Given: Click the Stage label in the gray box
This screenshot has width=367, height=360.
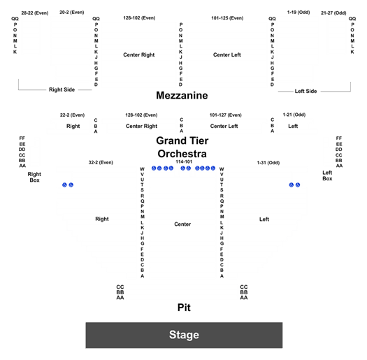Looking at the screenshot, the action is pos(184,335).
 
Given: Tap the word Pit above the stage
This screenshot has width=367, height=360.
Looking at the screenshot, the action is pos(184,308).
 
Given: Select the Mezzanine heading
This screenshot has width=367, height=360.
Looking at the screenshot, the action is pos(182,96).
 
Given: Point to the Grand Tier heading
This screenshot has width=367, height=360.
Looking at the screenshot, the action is pos(182,141).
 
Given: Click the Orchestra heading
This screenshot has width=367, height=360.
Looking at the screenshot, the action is pos(182,154).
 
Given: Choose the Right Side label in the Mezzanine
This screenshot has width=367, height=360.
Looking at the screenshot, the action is pos(62,89).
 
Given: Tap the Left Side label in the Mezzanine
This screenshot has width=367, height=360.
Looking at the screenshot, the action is pos(305,91).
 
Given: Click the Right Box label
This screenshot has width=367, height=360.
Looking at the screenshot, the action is pos(34,177).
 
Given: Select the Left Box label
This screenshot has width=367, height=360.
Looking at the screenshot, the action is pos(327,175).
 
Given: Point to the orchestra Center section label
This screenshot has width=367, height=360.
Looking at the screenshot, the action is pos(182,224).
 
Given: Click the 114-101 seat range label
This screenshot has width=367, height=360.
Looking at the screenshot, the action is pos(184,161).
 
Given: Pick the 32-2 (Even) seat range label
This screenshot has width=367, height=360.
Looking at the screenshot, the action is pos(101,162).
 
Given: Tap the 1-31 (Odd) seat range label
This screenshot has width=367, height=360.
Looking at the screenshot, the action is pos(268,162).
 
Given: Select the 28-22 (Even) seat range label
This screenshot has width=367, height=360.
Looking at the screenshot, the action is pos(35,13).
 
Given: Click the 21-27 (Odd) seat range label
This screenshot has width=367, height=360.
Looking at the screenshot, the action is pos(333,13).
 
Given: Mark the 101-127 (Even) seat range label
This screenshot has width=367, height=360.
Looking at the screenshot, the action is pos(225,115).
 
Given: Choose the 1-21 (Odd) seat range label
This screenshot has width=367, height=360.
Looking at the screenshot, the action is pos(294,115).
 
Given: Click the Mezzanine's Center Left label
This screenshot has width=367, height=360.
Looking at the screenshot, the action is pos(227,55).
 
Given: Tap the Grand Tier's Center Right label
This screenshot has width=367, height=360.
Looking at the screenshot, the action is pos(142,126).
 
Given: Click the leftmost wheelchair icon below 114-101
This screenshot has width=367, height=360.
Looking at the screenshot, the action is pos(154,168).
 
